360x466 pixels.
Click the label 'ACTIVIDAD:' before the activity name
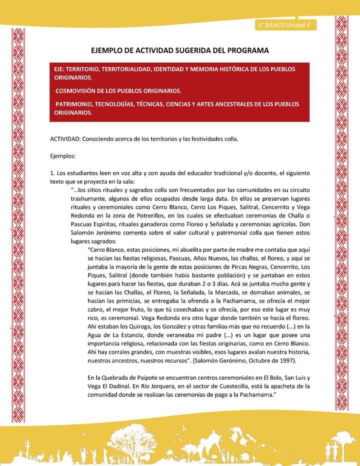point(65,138)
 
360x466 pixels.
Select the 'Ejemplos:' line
point(62,156)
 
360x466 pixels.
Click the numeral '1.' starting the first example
point(52,173)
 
